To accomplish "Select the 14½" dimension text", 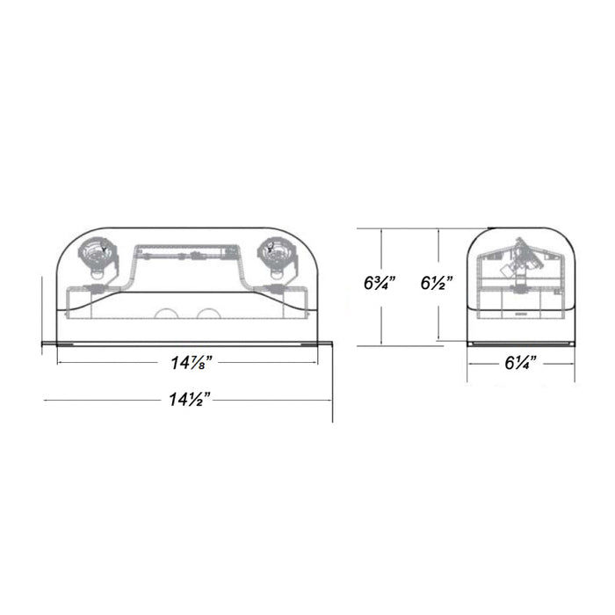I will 189,401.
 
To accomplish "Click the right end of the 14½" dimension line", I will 332,402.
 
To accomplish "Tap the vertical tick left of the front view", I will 42,312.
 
